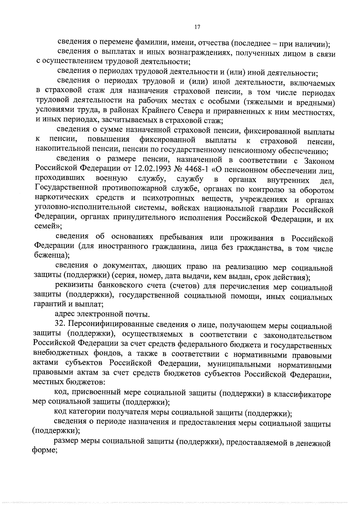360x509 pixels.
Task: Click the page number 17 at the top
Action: [x=197, y=27]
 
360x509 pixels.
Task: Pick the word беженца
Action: [x=50, y=256]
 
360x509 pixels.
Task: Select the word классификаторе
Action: [x=302, y=394]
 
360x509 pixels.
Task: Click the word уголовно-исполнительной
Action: [x=80, y=209]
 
